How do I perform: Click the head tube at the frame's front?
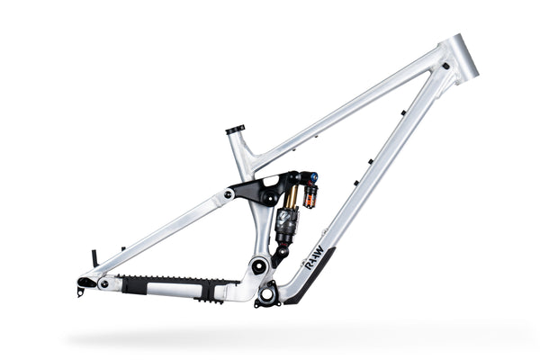point(463,58)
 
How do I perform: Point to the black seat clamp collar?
point(237,130)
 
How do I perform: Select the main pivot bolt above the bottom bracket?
point(257,266)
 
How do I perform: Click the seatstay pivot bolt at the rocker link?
point(229,193)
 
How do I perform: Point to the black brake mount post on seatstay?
point(94,258)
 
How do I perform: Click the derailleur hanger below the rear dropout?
point(80,292)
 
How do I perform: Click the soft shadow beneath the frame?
point(270,337)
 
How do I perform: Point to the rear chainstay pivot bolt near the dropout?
point(103,283)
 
